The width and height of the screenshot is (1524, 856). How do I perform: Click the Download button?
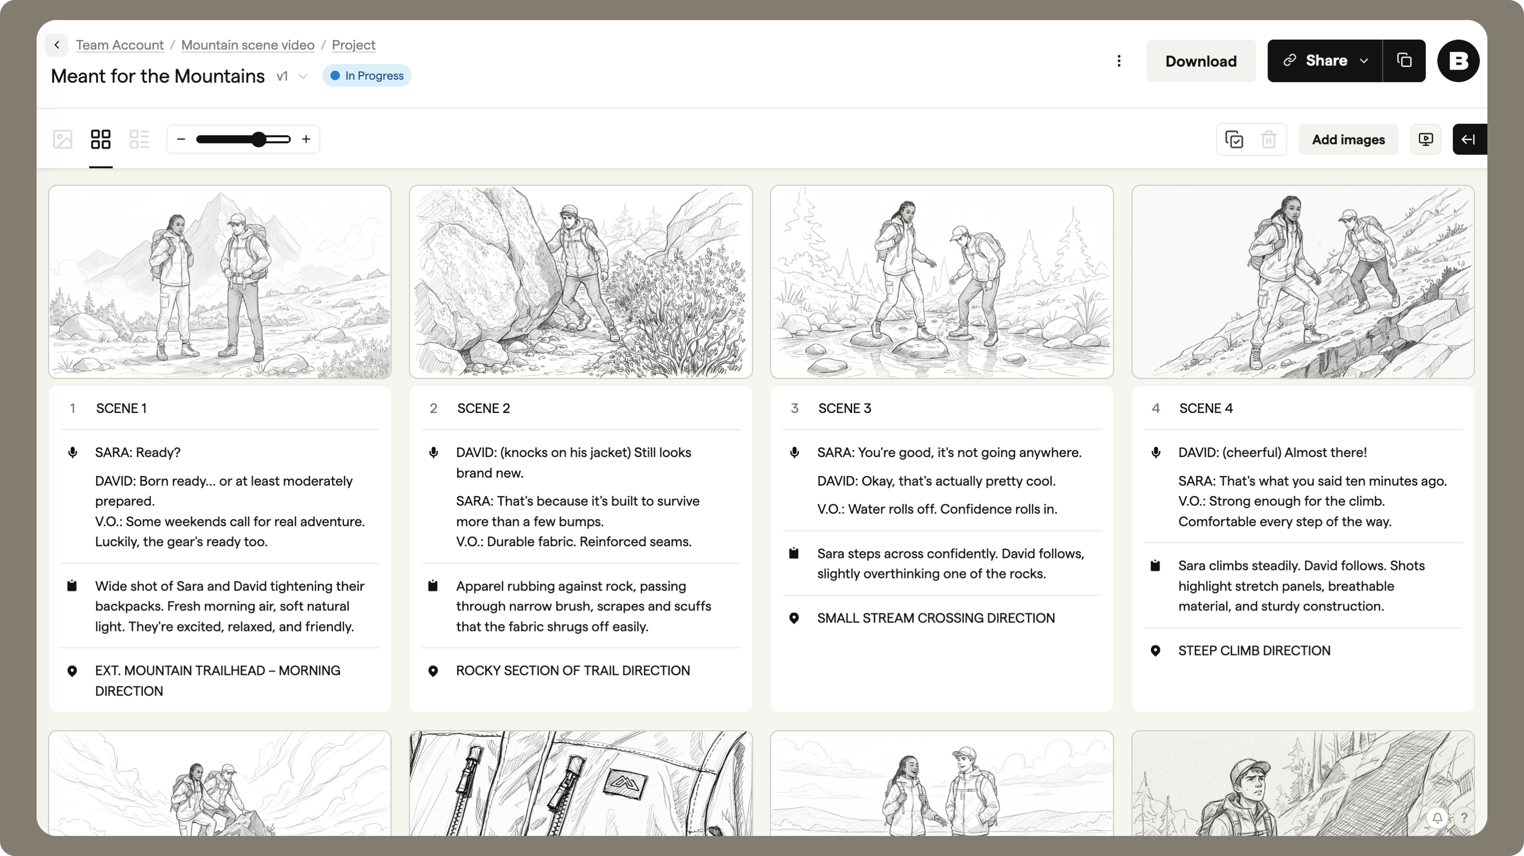click(x=1200, y=61)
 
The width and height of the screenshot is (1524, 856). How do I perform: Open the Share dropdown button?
click(x=1324, y=61)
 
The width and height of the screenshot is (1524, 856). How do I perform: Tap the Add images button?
click(x=1349, y=140)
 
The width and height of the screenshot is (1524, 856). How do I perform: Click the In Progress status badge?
click(x=367, y=76)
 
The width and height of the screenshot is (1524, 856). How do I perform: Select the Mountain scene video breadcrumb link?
click(x=248, y=45)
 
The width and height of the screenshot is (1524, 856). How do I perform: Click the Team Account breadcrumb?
click(x=119, y=45)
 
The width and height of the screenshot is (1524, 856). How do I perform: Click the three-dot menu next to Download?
click(x=1119, y=61)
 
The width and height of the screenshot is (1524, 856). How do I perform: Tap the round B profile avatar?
click(x=1458, y=61)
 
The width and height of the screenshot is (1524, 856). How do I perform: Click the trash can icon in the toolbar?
click(x=1268, y=140)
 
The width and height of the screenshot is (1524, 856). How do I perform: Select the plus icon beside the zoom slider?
click(x=306, y=139)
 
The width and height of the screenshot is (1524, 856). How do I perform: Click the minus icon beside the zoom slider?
click(x=181, y=139)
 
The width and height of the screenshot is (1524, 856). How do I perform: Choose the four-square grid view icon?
click(x=101, y=139)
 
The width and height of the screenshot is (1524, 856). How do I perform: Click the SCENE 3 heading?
click(x=844, y=408)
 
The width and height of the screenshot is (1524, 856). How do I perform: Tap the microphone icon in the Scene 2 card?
click(x=434, y=453)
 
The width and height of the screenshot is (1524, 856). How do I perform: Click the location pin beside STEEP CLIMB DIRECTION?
click(x=1156, y=651)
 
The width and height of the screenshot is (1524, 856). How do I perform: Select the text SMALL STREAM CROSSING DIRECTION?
click(x=936, y=618)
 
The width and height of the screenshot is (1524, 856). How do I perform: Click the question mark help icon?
click(x=1464, y=817)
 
